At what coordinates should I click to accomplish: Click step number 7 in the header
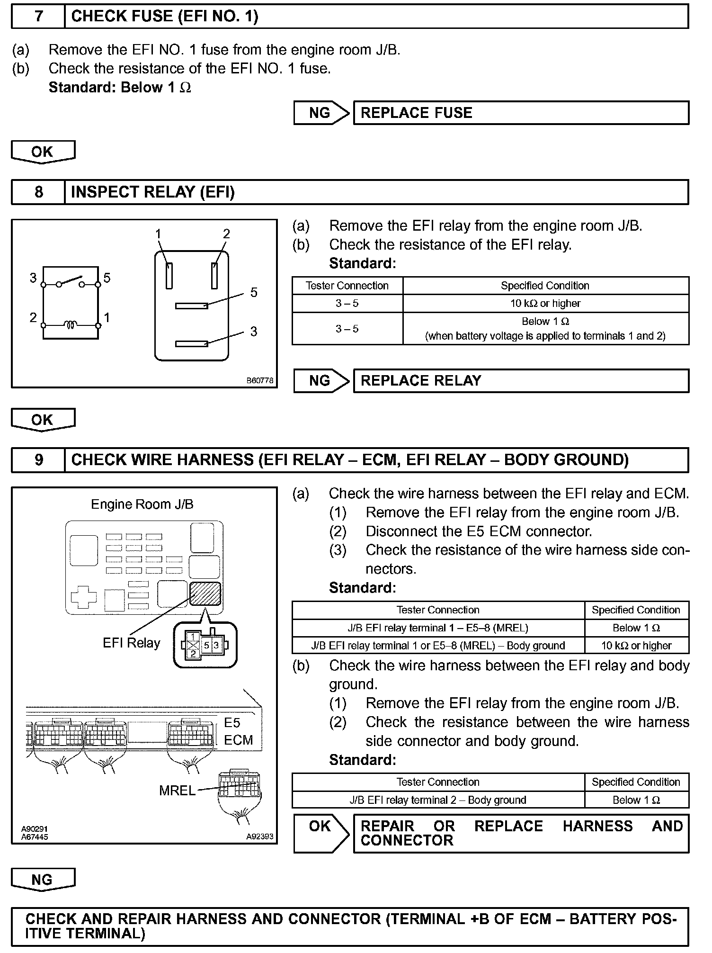[38, 17]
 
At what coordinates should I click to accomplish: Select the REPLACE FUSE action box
[521, 113]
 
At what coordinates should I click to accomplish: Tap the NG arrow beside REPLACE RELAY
[320, 381]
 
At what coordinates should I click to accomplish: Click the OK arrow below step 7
[43, 152]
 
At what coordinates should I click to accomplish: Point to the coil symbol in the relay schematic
[71, 325]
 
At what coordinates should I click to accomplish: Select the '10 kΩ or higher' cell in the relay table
[545, 304]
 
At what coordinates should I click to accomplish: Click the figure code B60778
[259, 380]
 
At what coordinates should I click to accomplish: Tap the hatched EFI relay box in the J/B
[205, 593]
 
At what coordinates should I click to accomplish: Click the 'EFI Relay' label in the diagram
[131, 643]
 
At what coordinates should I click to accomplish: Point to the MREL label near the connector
[177, 791]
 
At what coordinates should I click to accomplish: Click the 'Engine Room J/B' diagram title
[142, 504]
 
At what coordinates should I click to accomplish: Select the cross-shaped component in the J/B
[83, 599]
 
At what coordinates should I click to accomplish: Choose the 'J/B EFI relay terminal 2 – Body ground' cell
[438, 800]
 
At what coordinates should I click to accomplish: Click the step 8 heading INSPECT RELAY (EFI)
[152, 192]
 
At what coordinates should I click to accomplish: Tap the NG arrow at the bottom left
[43, 880]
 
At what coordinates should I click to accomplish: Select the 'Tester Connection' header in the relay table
[347, 286]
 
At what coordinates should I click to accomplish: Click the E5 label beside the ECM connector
[232, 723]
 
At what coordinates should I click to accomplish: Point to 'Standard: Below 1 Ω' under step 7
[120, 88]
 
